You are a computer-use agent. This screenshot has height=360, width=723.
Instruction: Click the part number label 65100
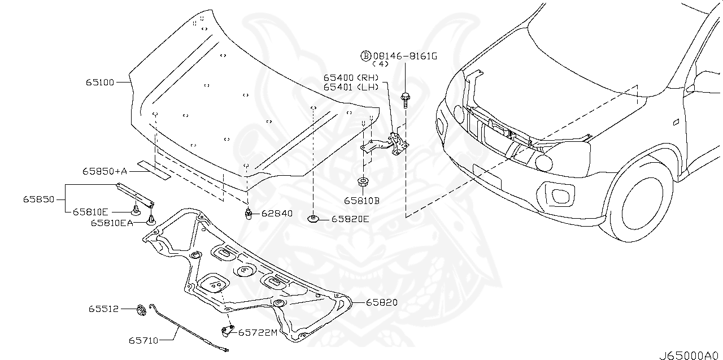pyautogui.click(x=100, y=83)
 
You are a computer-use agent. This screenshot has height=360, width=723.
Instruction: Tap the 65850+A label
pyautogui.click(x=105, y=171)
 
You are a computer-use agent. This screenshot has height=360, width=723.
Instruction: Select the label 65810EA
pyautogui.click(x=112, y=223)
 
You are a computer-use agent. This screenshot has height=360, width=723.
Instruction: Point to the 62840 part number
pyautogui.click(x=277, y=214)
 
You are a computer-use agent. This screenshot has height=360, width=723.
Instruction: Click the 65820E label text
pyautogui.click(x=350, y=219)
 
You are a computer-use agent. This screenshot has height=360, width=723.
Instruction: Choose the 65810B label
pyautogui.click(x=361, y=201)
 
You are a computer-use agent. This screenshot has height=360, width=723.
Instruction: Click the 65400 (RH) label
pyautogui.click(x=351, y=78)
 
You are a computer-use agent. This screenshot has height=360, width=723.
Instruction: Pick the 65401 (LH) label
pyautogui.click(x=351, y=87)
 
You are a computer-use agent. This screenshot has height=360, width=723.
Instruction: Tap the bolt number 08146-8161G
pyautogui.click(x=405, y=56)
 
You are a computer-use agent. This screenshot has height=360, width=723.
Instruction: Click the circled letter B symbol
pyautogui.click(x=365, y=56)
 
